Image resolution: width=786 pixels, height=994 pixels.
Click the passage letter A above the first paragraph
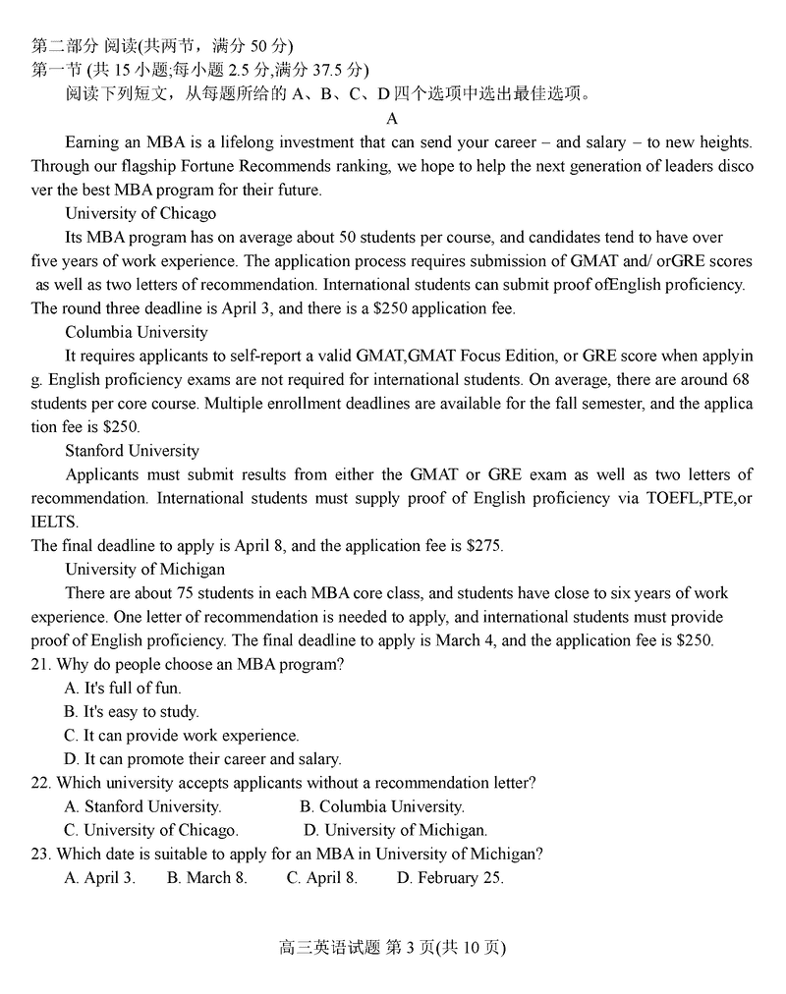tap(392, 119)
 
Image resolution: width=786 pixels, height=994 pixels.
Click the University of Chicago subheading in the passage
tap(140, 213)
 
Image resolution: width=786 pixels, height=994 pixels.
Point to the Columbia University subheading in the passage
tap(137, 332)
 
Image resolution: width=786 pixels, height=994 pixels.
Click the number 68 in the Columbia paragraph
tap(741, 379)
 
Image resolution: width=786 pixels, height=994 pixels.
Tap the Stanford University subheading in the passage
tap(132, 451)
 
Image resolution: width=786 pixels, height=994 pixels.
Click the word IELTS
tap(55, 522)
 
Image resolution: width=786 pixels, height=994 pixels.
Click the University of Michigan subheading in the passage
tap(144, 570)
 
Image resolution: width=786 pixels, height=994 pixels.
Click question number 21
tap(40, 664)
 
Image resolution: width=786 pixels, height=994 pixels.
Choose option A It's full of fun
tap(123, 688)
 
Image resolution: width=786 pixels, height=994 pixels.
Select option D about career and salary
tap(202, 759)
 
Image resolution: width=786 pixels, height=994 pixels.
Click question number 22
tap(40, 783)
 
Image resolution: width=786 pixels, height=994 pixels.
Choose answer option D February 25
tap(450, 878)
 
